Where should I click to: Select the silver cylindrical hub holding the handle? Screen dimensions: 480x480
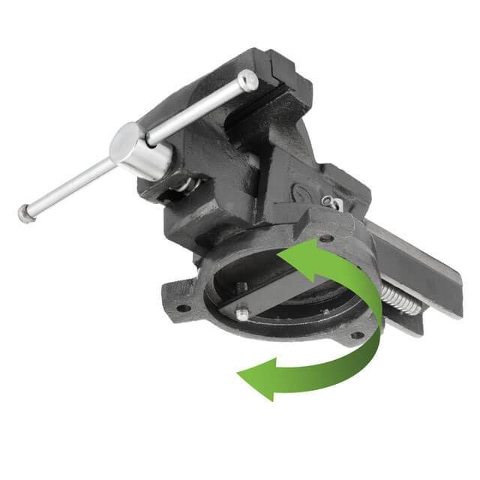coord(141,154)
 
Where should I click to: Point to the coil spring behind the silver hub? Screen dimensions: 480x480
coord(187,184)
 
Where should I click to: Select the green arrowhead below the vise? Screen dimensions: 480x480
coord(255,373)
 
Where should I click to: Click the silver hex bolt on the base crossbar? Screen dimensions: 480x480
coord(241,314)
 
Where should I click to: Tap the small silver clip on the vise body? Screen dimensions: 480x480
coord(330,201)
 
